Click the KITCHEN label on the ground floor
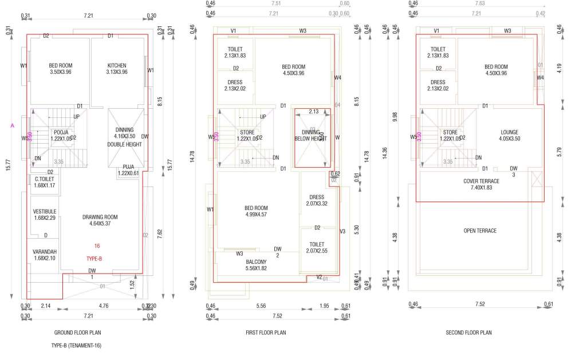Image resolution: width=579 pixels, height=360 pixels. [117, 66]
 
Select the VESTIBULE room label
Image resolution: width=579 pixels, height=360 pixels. [44, 211]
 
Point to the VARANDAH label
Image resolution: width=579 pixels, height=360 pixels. [44, 251]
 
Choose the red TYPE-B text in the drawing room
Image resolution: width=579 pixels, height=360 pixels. [94, 259]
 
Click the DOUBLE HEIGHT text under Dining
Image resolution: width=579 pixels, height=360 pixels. [124, 144]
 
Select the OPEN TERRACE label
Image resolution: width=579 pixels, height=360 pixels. [479, 231]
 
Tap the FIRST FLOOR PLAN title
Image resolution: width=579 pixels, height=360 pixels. [265, 333]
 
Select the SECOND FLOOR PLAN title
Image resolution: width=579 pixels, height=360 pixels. [468, 333]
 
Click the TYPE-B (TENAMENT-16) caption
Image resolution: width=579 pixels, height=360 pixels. [76, 346]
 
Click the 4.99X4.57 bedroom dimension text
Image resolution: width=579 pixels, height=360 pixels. [256, 215]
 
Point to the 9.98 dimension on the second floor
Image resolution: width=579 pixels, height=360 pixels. [394, 114]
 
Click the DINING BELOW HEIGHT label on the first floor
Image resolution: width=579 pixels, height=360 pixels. [310, 136]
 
